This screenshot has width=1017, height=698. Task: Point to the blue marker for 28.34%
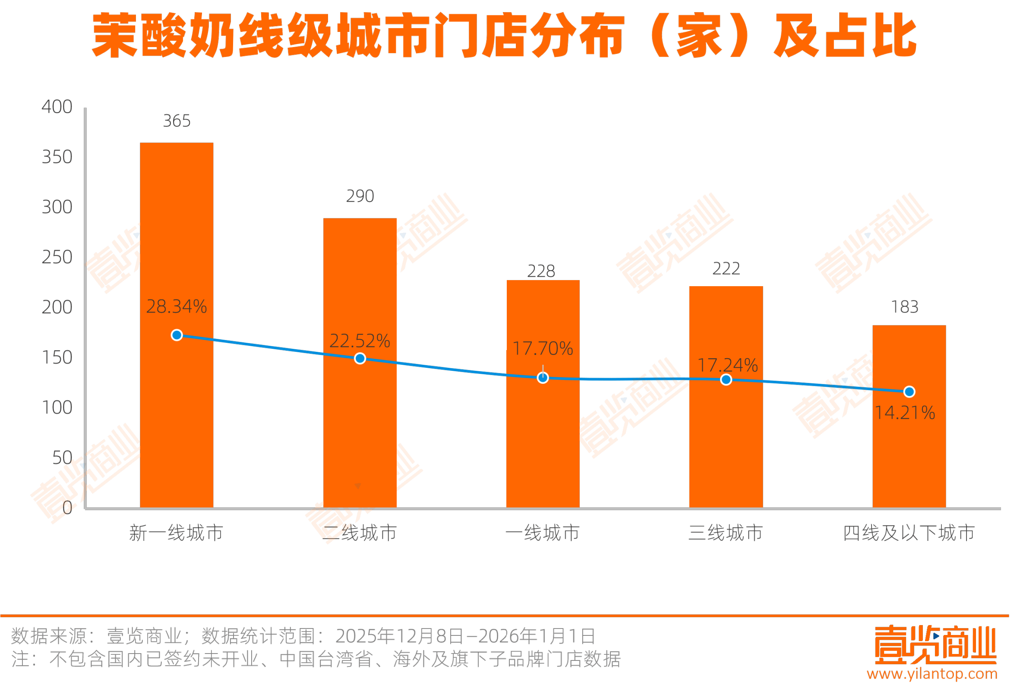click(x=177, y=335)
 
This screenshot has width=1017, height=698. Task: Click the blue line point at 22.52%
click(x=360, y=359)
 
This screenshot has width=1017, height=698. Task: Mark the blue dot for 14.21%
click(x=909, y=392)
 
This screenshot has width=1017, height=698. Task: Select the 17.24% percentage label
click(x=727, y=365)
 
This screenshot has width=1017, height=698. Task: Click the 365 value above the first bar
click(x=177, y=121)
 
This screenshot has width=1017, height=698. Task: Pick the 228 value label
click(x=541, y=272)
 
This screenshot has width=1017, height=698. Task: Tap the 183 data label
click(x=904, y=307)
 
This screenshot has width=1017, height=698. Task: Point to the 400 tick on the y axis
click(x=57, y=107)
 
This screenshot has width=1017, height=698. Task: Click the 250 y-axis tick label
click(x=57, y=257)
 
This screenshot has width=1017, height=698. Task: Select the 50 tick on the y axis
click(x=62, y=458)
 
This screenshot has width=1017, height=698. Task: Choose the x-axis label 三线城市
click(x=726, y=533)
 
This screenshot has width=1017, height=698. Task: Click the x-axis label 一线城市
click(x=542, y=533)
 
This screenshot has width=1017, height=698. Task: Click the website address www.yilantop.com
click(x=932, y=674)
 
